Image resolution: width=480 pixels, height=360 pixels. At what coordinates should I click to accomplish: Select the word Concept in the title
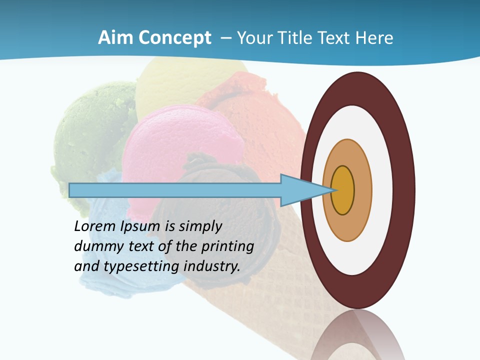click(175, 38)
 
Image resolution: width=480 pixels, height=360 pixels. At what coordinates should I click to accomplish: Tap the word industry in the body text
click(210, 266)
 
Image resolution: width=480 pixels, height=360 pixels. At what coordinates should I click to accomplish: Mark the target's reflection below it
click(358, 335)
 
